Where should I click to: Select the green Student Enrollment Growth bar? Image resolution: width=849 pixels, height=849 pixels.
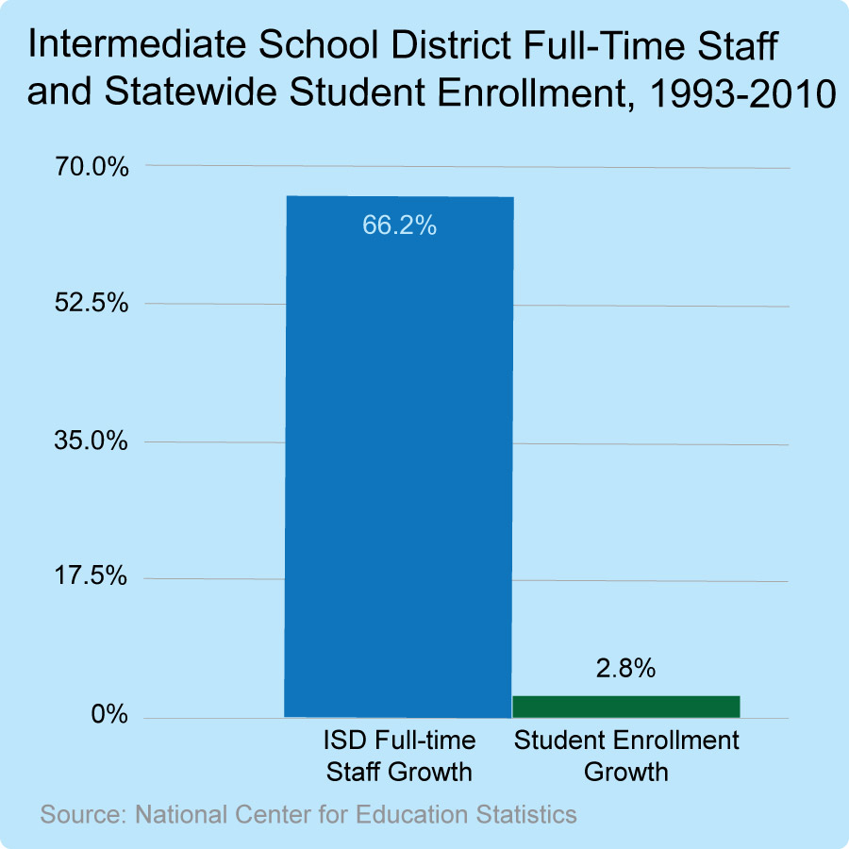[x=625, y=707]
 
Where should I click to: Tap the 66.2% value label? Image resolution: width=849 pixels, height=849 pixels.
[x=399, y=225]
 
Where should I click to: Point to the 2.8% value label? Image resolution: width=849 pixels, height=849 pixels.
[x=625, y=669]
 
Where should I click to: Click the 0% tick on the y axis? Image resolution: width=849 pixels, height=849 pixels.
[x=108, y=715]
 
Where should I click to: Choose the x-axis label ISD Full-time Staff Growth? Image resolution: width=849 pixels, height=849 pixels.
[x=399, y=756]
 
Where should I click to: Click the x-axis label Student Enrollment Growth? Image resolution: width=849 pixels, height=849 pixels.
[x=625, y=756]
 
